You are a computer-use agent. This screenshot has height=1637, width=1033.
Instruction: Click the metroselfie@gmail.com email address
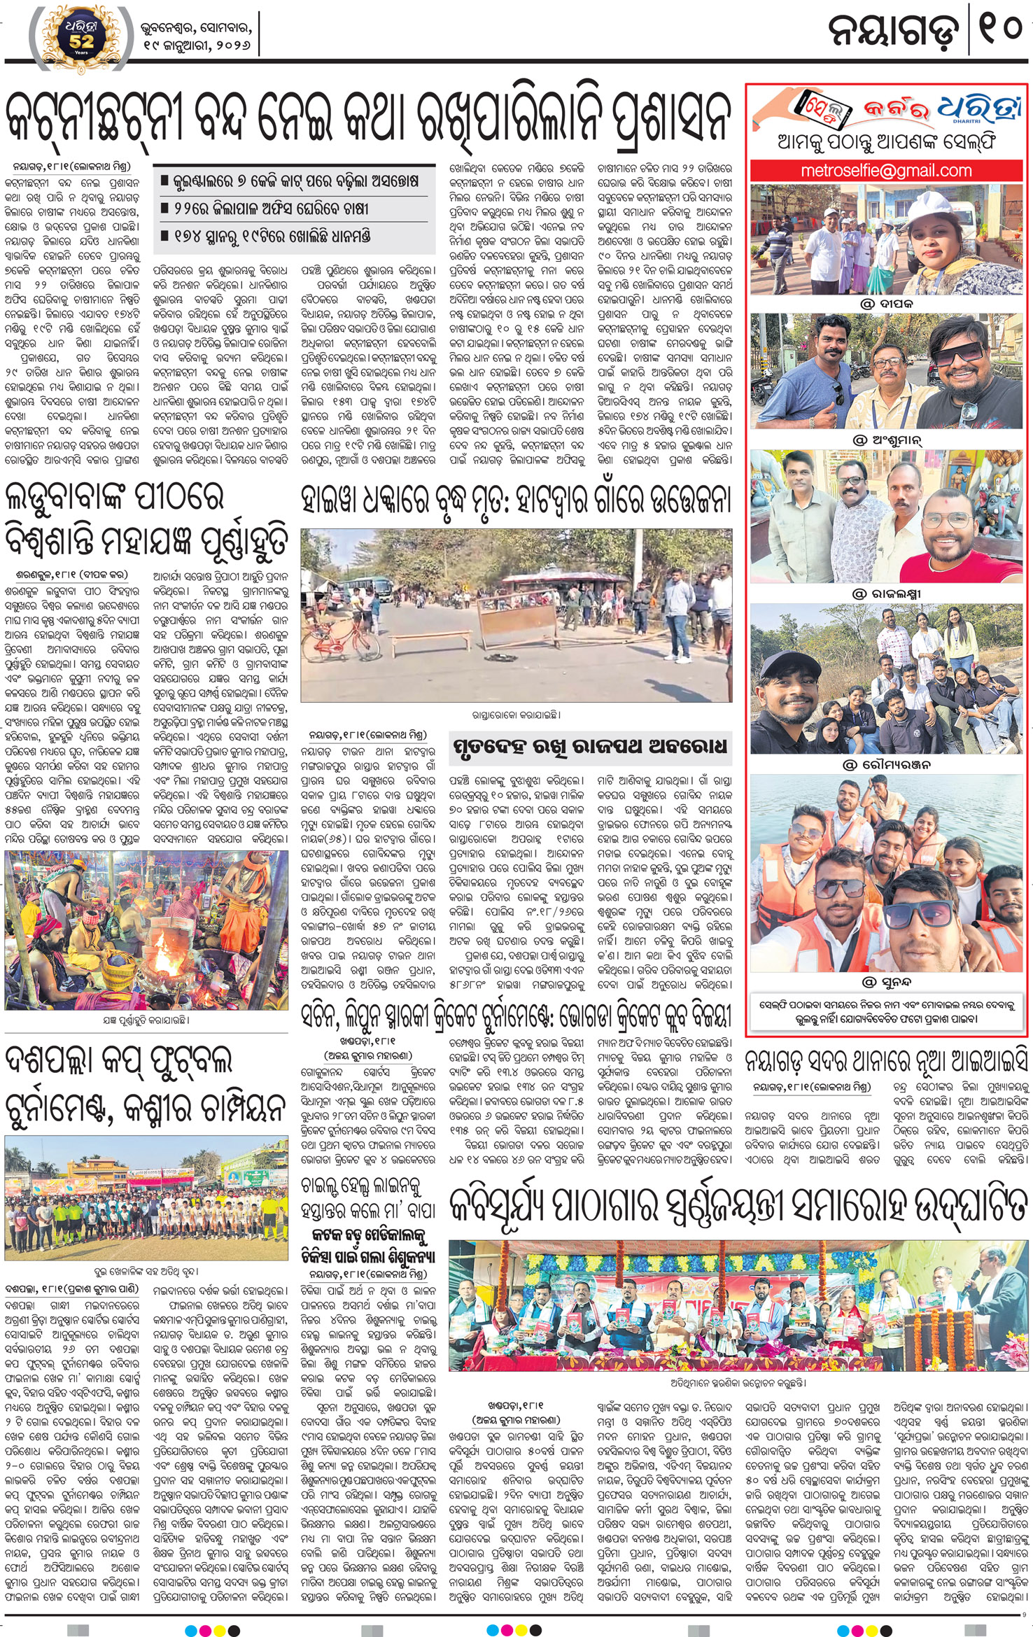pyautogui.click(x=886, y=170)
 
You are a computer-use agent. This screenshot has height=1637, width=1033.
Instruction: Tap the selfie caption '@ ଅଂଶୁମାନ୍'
pyautogui.click(x=887, y=440)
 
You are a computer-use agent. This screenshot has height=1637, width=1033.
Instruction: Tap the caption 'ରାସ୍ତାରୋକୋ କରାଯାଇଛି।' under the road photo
pyautogui.click(x=516, y=715)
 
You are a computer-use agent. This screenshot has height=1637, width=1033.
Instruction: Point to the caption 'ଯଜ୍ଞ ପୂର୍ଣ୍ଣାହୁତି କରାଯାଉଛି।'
pyautogui.click(x=146, y=1020)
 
